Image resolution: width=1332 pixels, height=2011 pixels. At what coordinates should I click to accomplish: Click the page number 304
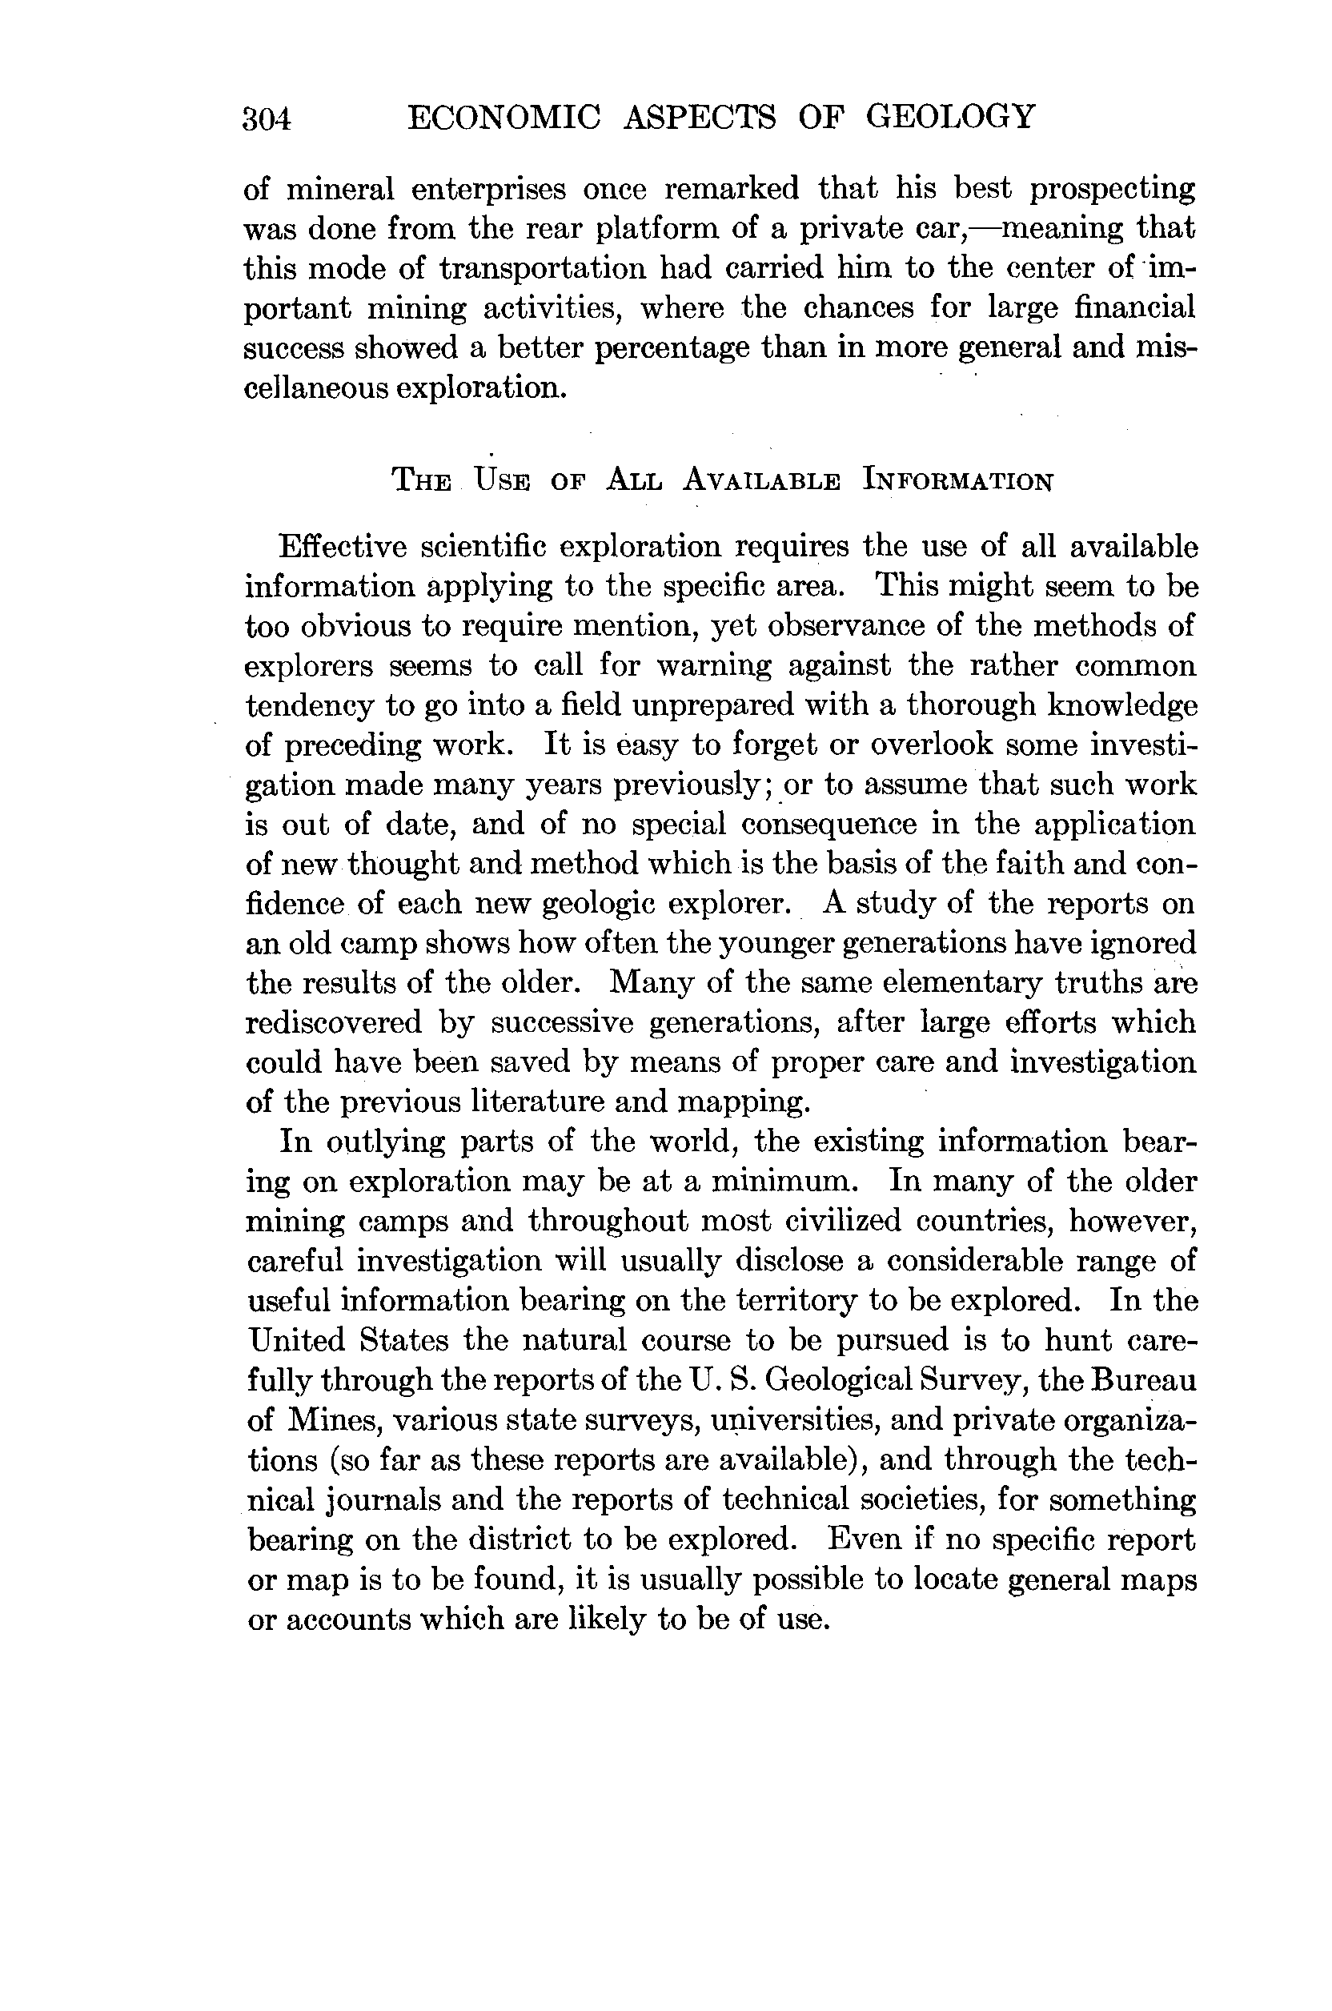click(267, 119)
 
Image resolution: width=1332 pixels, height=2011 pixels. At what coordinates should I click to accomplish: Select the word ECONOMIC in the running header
click(504, 116)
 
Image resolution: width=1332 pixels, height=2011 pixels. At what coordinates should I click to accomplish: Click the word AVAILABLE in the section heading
click(762, 482)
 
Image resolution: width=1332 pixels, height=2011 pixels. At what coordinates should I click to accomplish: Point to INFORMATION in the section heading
click(958, 482)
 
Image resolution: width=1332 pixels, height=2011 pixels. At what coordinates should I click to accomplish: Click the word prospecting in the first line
click(1112, 190)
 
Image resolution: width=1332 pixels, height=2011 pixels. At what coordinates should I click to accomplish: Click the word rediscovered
click(334, 1023)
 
